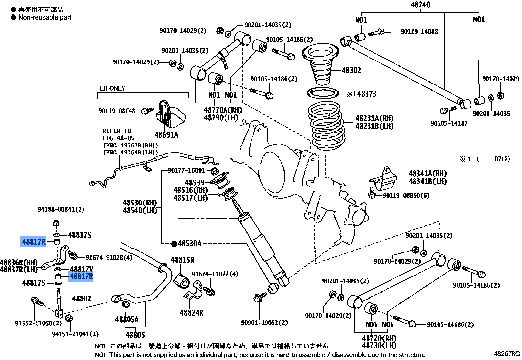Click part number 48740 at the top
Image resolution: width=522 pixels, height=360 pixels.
point(420,5)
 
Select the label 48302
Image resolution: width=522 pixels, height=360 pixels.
point(351,70)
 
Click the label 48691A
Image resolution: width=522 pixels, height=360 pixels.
point(166,135)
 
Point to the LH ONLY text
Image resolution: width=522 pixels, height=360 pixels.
point(112,88)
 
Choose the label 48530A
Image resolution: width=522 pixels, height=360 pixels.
point(189,244)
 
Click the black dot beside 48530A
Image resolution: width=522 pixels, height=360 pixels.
point(174,244)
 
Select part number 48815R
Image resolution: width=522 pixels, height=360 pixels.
point(182,260)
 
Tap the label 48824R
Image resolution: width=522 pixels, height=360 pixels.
point(191,313)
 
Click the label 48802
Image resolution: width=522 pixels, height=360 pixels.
point(82,299)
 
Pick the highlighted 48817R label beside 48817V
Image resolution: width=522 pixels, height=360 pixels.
point(81,276)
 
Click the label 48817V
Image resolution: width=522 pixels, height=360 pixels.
point(82,269)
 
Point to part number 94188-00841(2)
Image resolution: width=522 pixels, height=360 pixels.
point(61,210)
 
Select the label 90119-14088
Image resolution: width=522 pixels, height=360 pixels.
point(419,32)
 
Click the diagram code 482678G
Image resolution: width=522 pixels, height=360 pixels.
point(507,354)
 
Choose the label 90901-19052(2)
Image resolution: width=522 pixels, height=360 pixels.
point(264,323)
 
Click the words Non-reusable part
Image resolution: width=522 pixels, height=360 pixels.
point(45,17)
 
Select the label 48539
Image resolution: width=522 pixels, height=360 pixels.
point(195,182)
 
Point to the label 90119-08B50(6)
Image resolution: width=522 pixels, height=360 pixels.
point(406,196)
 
